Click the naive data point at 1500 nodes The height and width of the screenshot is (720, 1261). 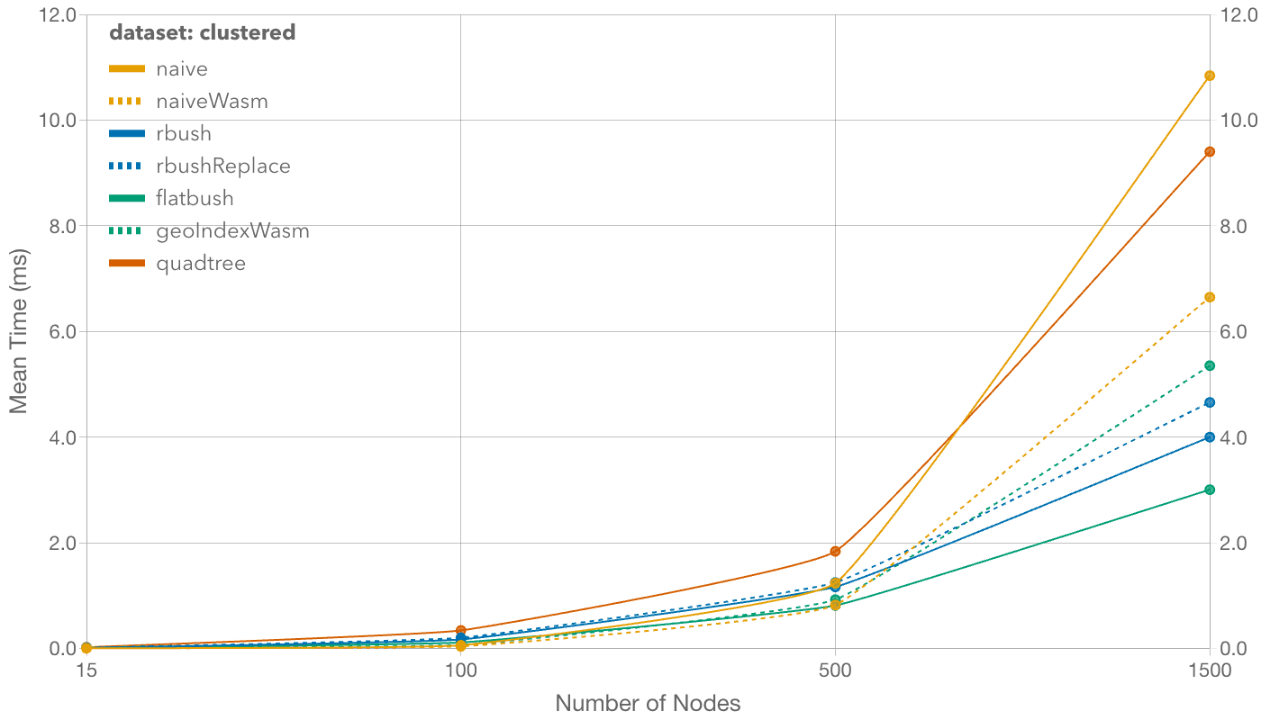point(1210,76)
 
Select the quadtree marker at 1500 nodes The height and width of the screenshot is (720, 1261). point(1210,152)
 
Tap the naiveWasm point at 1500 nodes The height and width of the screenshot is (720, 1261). point(1210,297)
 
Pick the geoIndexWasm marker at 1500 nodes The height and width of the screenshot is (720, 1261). point(1210,365)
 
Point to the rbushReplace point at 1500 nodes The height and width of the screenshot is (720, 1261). point(1210,402)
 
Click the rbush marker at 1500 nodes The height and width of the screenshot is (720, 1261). point(1210,437)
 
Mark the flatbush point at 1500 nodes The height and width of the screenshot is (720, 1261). point(1210,490)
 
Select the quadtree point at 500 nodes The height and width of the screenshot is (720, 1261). point(835,552)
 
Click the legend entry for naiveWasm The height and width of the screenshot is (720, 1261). point(212,101)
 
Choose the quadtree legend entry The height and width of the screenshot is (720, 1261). point(200,264)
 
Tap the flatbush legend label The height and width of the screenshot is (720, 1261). point(195,199)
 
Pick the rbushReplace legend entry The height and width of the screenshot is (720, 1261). point(222,166)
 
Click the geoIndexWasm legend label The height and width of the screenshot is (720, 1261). point(232,231)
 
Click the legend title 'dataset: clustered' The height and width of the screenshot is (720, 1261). point(202,33)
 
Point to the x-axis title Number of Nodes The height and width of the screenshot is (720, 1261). point(648,704)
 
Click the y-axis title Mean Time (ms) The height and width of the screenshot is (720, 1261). point(19,331)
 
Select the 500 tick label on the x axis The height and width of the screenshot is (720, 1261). point(835,670)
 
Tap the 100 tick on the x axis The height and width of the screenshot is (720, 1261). point(461,670)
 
